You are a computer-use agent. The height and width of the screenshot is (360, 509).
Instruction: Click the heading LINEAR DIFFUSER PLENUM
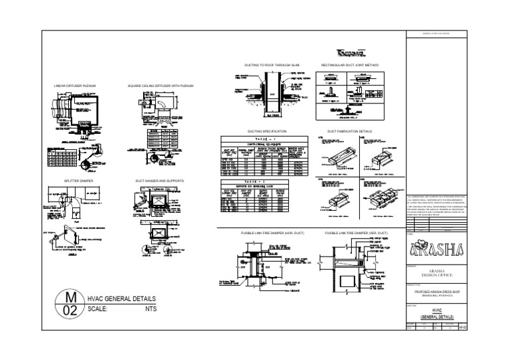point(80,86)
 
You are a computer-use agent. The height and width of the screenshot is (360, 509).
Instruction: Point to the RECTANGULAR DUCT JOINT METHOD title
point(350,66)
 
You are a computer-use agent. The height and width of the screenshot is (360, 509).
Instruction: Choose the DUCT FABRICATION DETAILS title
point(351,132)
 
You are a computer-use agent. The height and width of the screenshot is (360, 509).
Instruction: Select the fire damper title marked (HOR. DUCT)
point(271,234)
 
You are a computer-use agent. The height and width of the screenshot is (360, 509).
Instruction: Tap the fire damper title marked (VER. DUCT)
point(351,234)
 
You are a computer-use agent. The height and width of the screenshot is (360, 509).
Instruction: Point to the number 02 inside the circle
point(73,310)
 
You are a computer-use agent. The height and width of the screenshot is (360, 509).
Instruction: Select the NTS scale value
point(152,309)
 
